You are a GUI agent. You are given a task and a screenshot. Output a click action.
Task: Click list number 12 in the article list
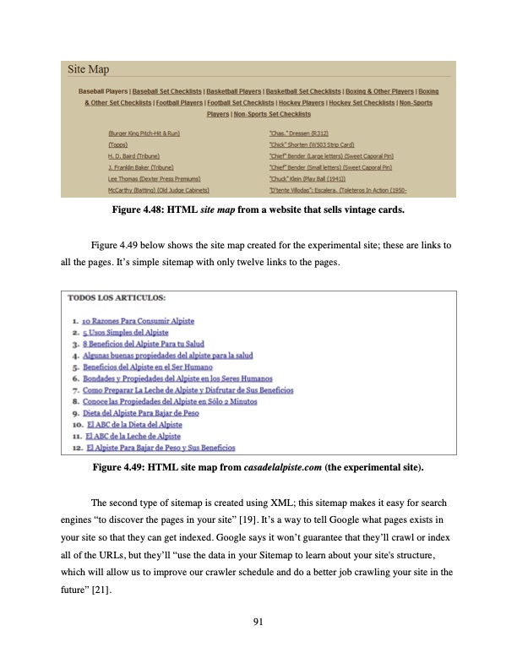pyautogui.click(x=76, y=448)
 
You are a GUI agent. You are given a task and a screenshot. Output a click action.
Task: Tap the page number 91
pyautogui.click(x=258, y=623)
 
